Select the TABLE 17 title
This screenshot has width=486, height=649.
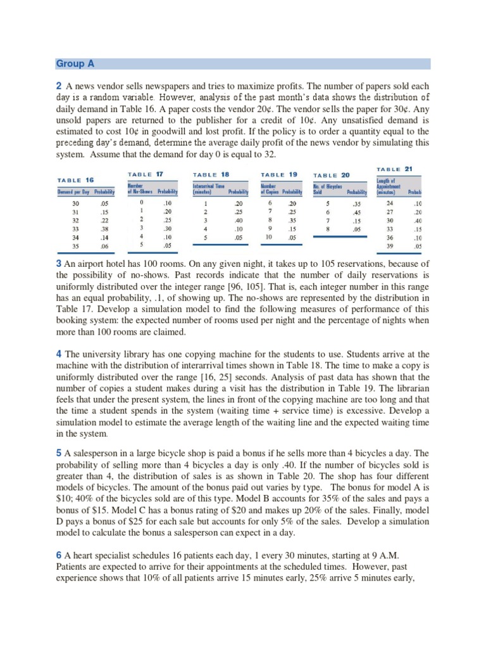pos(146,173)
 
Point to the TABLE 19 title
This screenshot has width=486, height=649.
pos(279,174)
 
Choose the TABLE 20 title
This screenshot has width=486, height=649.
pos(332,174)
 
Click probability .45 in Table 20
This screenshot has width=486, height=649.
pos(357,212)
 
